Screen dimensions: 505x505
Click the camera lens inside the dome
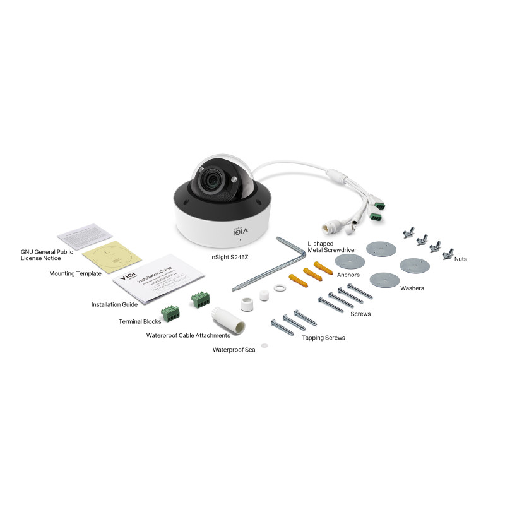[x=211, y=183]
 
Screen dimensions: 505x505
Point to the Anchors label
[x=348, y=275]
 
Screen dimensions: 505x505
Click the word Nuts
[x=460, y=259]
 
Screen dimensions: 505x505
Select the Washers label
[x=412, y=288]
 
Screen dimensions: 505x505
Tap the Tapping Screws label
[x=323, y=338]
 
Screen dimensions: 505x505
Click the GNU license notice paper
[x=85, y=235]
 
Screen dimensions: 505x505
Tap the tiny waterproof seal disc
[x=264, y=345]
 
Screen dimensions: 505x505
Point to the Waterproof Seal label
[x=234, y=349]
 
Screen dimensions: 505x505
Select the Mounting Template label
[x=75, y=274]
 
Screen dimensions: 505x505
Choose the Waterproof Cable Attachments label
[x=188, y=335]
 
